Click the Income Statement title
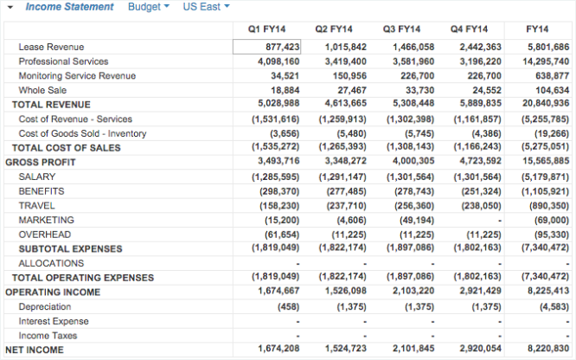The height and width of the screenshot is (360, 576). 69,7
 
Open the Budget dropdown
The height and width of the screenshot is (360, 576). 148,7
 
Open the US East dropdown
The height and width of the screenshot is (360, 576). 206,7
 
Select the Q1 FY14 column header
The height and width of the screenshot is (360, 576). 267,29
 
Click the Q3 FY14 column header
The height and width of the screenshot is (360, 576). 401,29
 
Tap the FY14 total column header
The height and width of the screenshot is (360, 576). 541,29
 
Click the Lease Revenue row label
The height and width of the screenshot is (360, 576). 51,47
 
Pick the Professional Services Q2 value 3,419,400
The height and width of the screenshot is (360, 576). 345,61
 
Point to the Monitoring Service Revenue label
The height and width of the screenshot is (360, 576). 77,76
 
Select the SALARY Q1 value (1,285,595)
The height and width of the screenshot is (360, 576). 275,177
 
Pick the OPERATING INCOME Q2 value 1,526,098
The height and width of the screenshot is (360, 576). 344,292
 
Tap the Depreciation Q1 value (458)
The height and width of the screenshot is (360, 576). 287,306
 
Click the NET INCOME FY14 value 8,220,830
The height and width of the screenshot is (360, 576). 547,349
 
